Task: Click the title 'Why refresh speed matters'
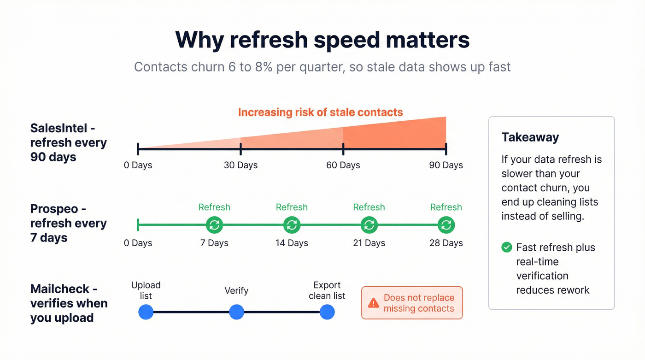pos(322,40)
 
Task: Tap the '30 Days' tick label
pos(240,165)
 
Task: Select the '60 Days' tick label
pos(343,165)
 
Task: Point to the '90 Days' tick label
pos(446,165)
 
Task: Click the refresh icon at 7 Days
pos(214,225)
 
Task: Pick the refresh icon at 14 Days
pos(292,225)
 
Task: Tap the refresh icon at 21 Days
pos(369,225)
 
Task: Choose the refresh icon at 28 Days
pos(446,225)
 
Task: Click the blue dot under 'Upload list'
pos(146,312)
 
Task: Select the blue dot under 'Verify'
pos(236,312)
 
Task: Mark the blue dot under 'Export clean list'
pos(327,312)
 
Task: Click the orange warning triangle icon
pos(373,303)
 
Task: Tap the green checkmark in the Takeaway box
pos(507,248)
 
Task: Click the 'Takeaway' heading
pos(530,137)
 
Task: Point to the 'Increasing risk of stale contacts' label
pos(320,112)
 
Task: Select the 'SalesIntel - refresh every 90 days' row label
pos(69,142)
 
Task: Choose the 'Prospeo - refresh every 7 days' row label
pos(69,223)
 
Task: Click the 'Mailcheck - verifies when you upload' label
pos(69,303)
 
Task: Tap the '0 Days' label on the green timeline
pos(138,243)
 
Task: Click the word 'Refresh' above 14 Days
pos(292,207)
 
